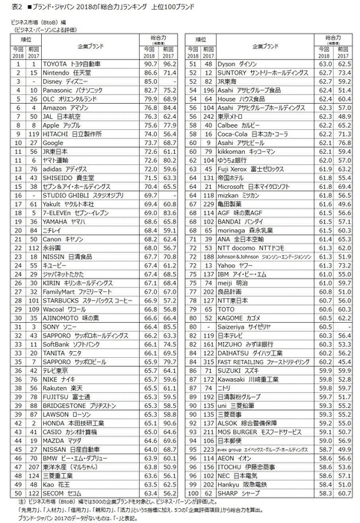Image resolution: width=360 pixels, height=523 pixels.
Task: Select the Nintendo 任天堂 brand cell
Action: pos(71,73)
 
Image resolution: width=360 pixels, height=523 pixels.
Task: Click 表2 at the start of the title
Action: pos(9,6)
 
